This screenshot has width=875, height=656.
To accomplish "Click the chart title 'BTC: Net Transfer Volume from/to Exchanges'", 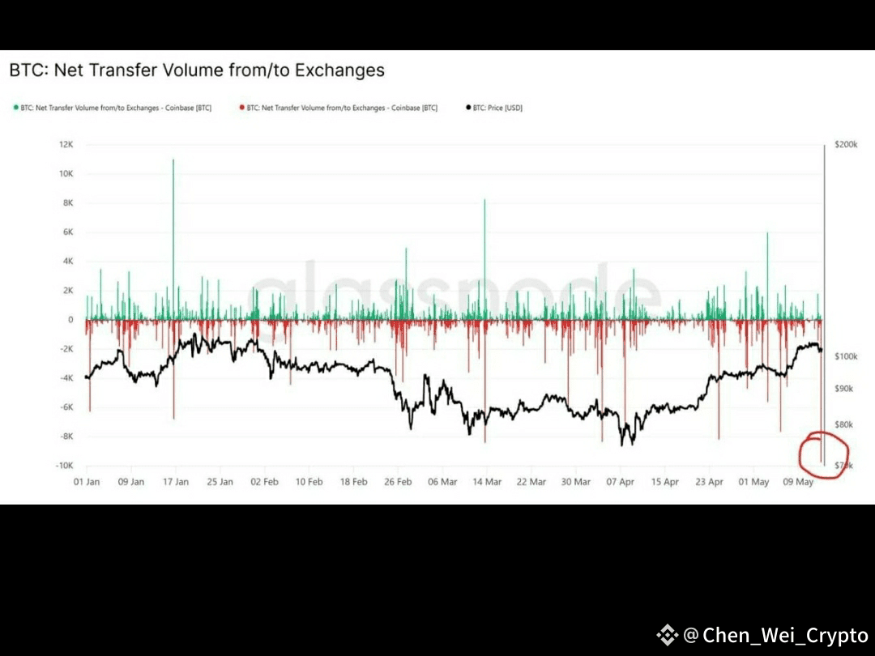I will click(x=197, y=70).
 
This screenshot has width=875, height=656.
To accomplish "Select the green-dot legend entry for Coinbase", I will click(x=113, y=108).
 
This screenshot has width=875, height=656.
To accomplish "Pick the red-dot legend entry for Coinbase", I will click(x=341, y=108).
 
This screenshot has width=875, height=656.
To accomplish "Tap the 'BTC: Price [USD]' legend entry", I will click(x=493, y=108).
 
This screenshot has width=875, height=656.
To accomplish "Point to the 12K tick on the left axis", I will click(x=66, y=144).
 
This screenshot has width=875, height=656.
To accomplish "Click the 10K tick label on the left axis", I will click(x=66, y=174).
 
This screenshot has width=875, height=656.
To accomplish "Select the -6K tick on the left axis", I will click(x=66, y=407).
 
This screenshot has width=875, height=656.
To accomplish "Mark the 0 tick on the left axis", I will click(x=70, y=320).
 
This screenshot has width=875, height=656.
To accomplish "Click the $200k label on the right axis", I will click(x=846, y=145).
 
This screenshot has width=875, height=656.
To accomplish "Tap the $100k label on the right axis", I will click(x=846, y=356).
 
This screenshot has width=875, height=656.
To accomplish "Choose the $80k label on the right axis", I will click(x=844, y=424).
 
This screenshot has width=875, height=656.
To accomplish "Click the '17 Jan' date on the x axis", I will click(x=175, y=482).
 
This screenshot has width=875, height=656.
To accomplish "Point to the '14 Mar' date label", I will click(x=486, y=482).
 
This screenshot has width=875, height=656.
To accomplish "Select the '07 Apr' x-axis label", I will click(x=620, y=482).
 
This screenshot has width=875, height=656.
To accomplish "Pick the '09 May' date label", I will click(x=797, y=482).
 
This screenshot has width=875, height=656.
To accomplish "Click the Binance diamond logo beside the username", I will click(x=667, y=636).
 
